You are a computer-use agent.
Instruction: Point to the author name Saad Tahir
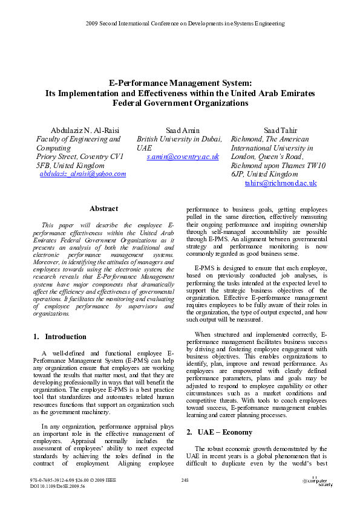point(281,130)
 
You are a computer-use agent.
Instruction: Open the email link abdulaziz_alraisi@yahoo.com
point(83,173)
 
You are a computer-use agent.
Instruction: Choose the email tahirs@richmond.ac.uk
point(281,183)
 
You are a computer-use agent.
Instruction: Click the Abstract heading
point(103,209)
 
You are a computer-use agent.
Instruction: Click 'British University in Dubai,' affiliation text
point(180,139)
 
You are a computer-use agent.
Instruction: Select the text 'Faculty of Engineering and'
point(78,139)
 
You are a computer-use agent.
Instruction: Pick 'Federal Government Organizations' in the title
point(180,103)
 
